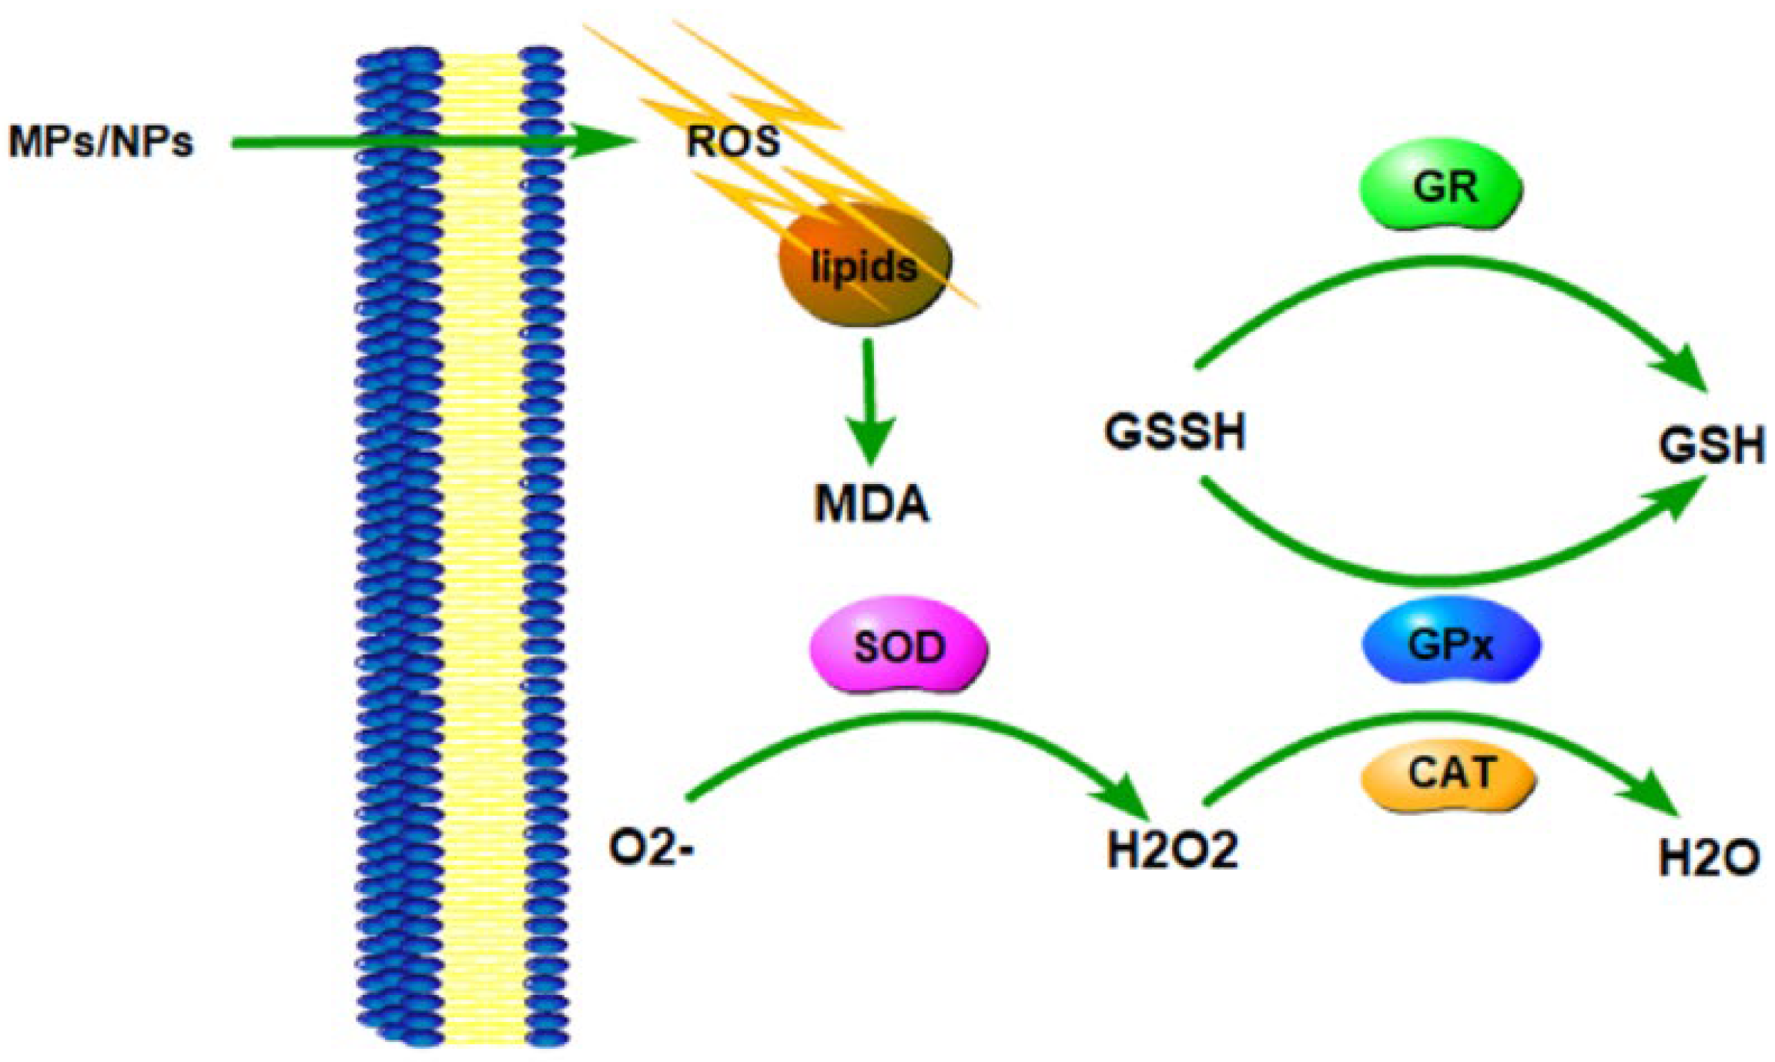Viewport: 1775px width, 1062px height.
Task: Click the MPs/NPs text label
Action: [x=100, y=142]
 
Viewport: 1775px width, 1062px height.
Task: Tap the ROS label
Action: [x=733, y=142]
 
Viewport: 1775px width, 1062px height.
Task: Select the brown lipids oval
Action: [x=865, y=265]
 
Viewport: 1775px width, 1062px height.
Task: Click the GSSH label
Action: [x=1174, y=432]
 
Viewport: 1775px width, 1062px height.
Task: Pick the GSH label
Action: [x=1711, y=446]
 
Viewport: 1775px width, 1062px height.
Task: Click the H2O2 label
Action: [x=1171, y=851]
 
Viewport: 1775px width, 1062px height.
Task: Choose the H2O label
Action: [x=1708, y=859]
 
